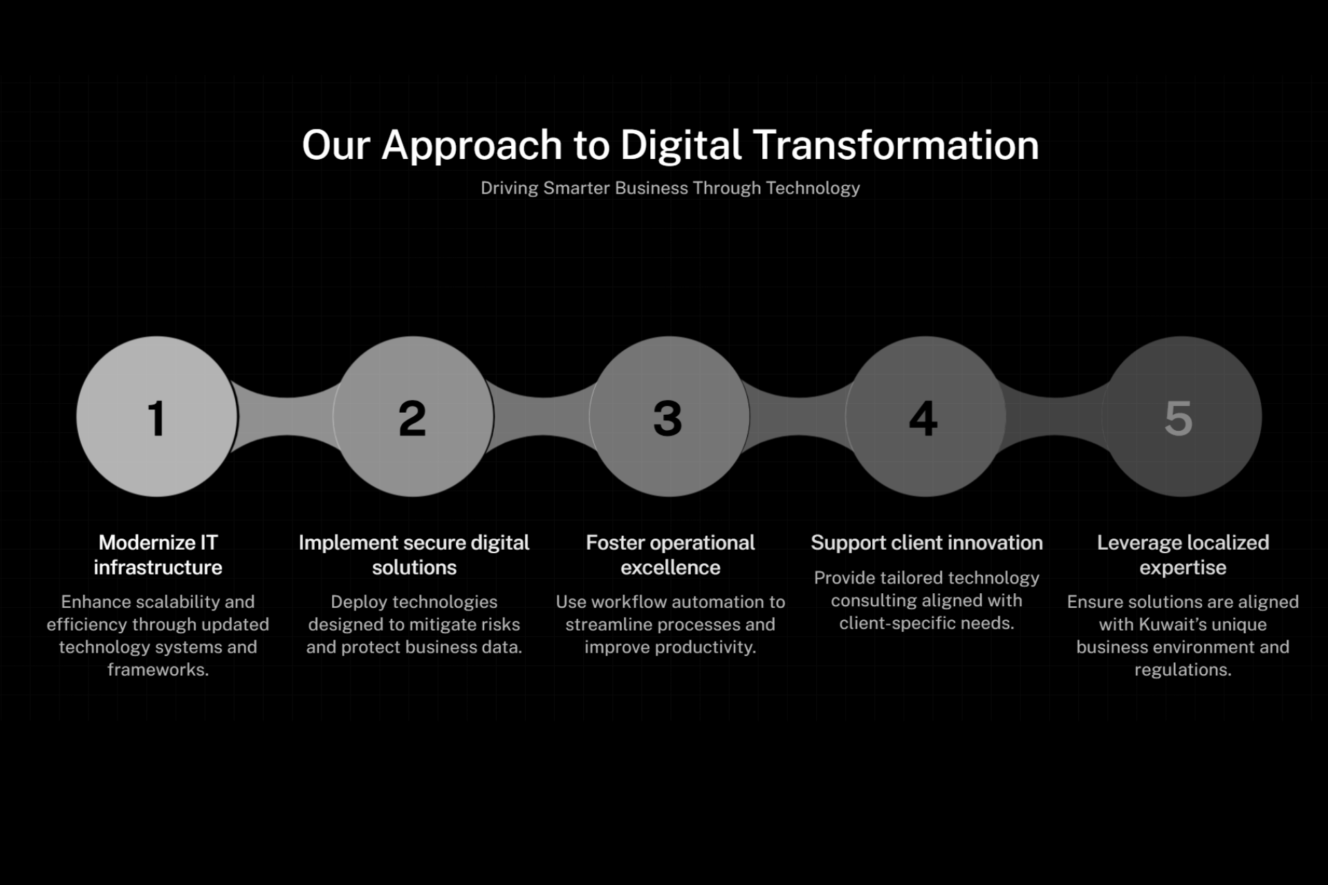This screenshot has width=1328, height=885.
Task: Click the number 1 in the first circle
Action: click(157, 418)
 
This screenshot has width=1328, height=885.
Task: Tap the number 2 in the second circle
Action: click(412, 418)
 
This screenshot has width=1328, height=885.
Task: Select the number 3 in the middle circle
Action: click(667, 418)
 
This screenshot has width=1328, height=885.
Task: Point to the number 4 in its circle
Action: click(923, 418)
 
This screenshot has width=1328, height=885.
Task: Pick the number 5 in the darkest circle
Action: click(1179, 418)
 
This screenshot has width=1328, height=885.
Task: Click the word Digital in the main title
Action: click(681, 146)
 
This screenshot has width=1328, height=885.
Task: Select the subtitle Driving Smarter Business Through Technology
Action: click(670, 188)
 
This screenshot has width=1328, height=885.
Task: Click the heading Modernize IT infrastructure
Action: click(158, 555)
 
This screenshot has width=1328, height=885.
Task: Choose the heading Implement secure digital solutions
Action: click(414, 555)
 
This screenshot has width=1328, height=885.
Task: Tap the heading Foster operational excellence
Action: click(670, 555)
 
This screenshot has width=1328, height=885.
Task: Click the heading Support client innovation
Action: click(927, 543)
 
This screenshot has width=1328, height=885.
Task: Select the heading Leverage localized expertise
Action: click(1183, 555)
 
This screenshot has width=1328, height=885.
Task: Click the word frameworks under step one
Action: click(158, 669)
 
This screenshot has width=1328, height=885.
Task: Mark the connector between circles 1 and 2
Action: click(286, 416)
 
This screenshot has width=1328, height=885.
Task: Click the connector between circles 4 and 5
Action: click(1054, 416)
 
